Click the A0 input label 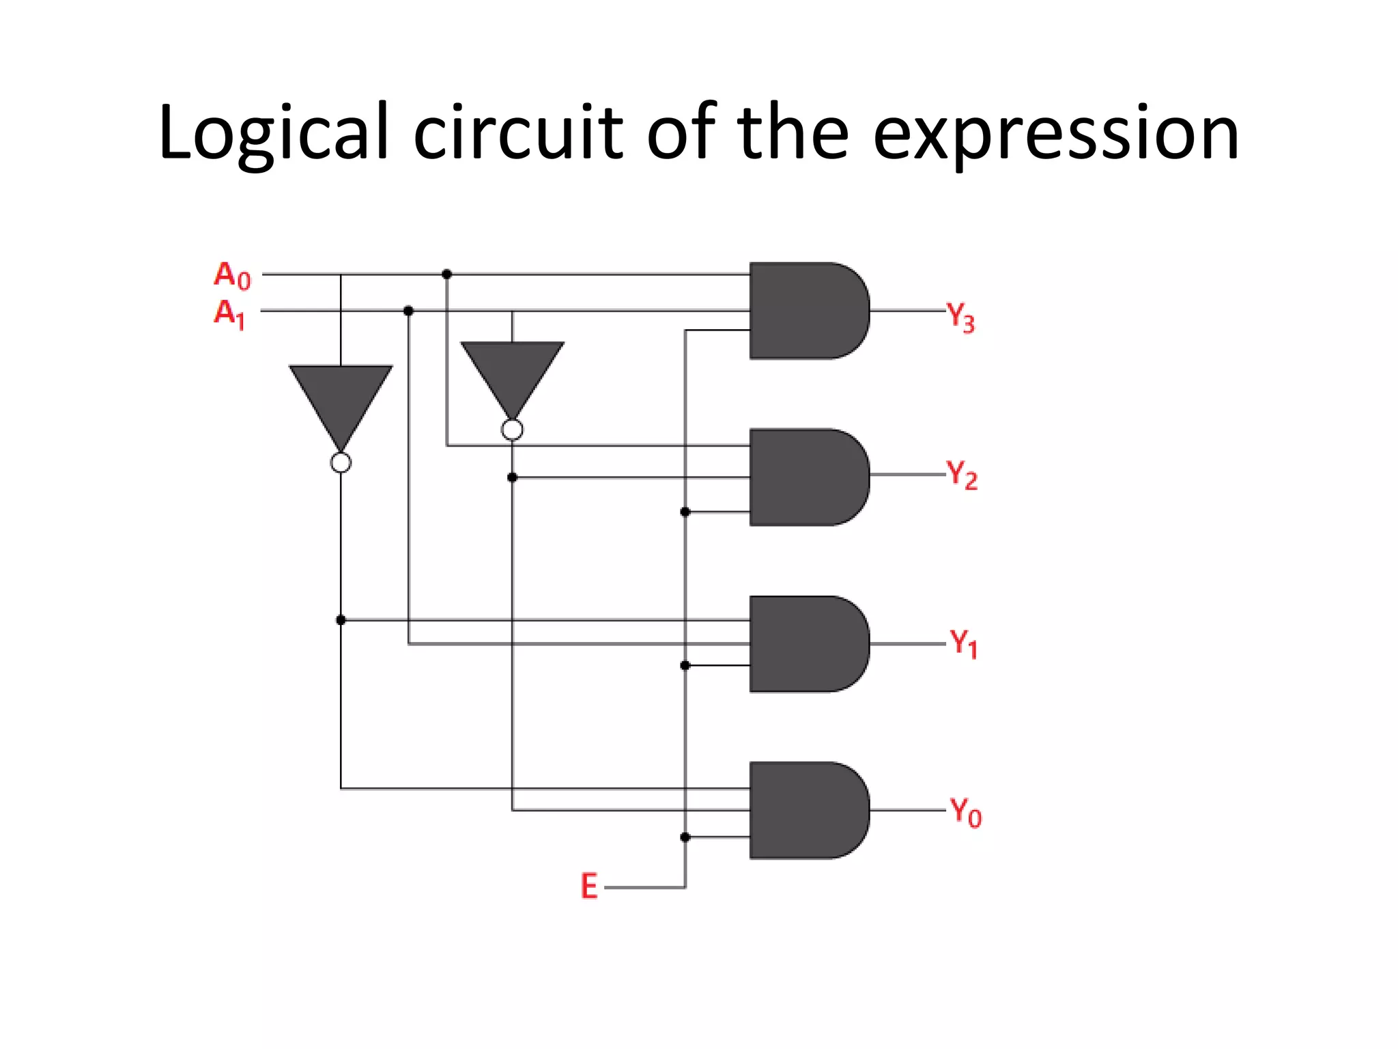click(232, 275)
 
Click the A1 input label click(229, 313)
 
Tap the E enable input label click(589, 886)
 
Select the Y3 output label click(960, 318)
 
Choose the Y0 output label click(965, 812)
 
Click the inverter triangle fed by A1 click(512, 372)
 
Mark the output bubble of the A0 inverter click(341, 463)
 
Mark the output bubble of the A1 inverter click(512, 430)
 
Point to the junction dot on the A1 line click(408, 311)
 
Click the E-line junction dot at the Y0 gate click(685, 837)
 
